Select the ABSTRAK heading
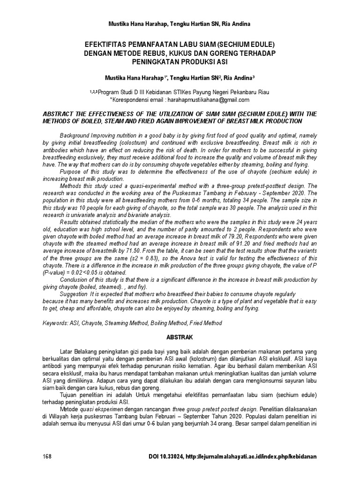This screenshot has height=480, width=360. click(180, 337)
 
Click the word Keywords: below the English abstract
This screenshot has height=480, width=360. click(55, 323)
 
